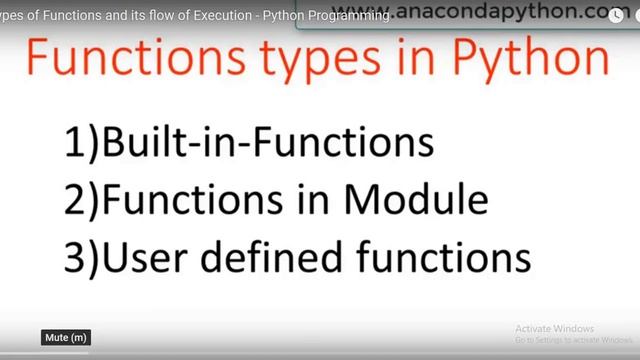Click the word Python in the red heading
[538, 61]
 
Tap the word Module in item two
[419, 201]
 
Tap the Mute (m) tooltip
[66, 338]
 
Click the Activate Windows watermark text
[554, 328]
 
